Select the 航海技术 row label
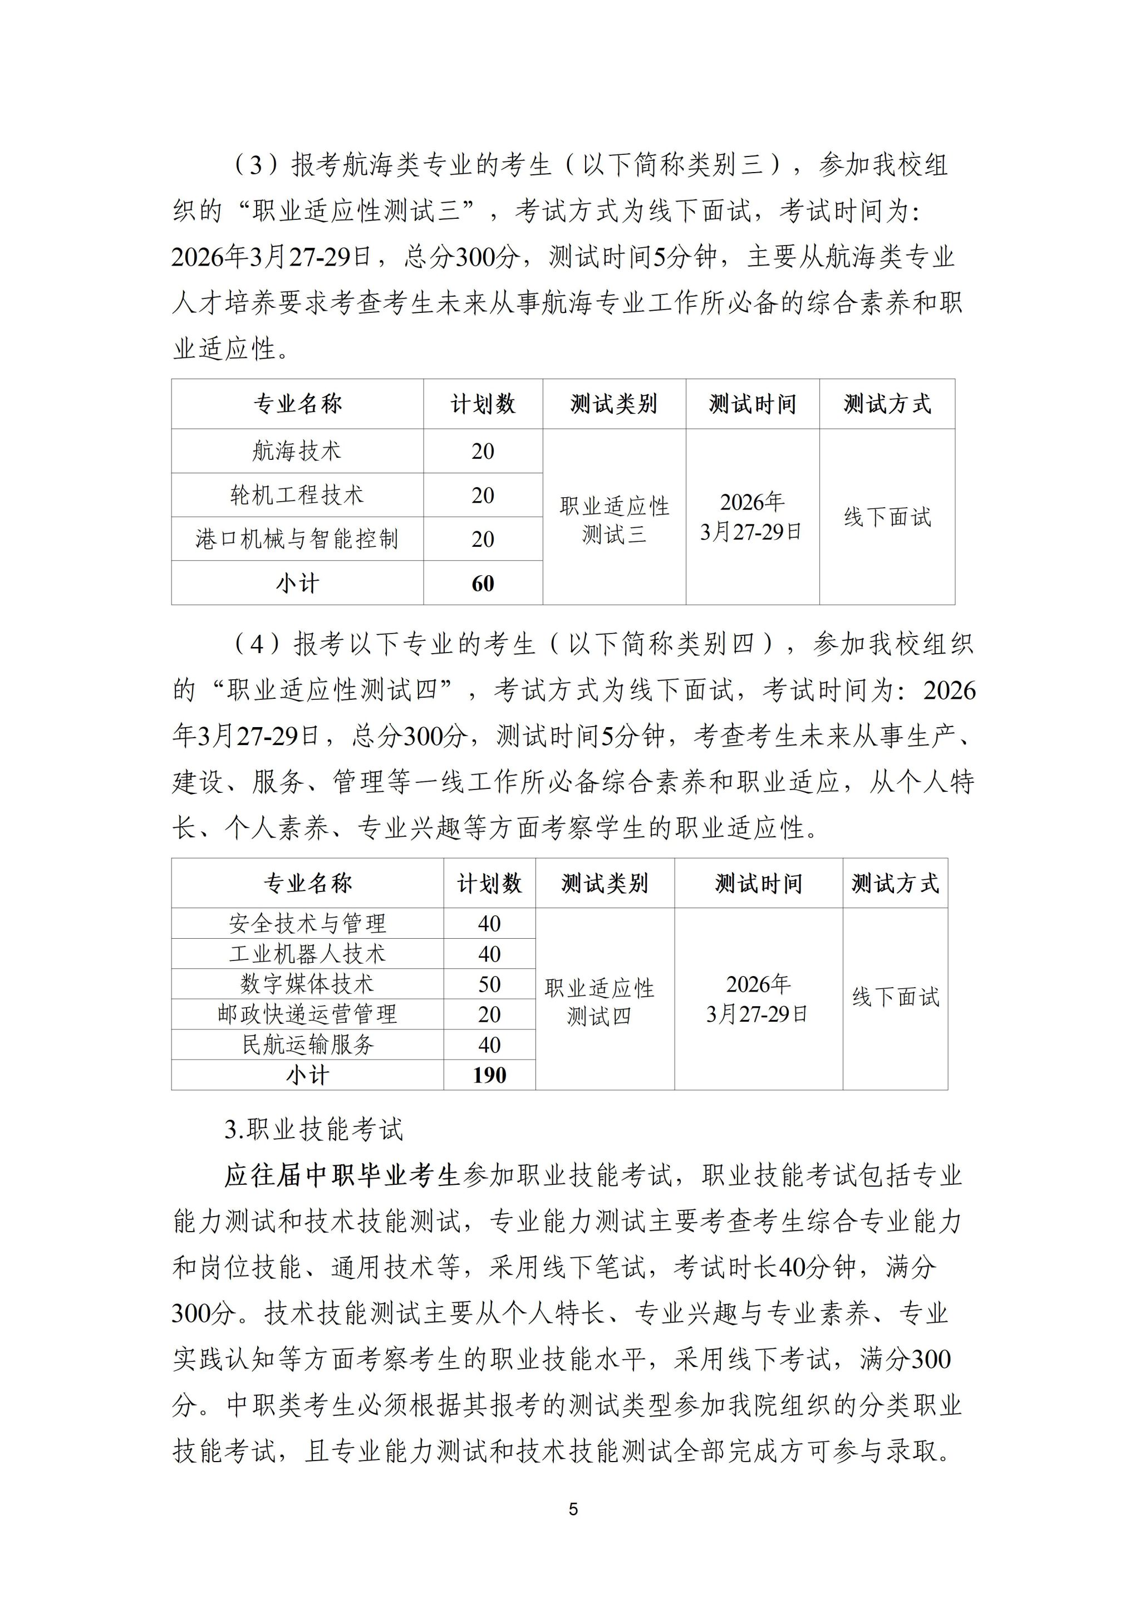[x=297, y=451]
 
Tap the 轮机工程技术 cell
[x=297, y=496]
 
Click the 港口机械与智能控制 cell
[x=297, y=539]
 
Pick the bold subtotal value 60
[x=483, y=583]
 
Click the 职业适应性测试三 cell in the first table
[x=614, y=520]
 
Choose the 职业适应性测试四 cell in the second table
[x=599, y=1002]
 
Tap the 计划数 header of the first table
[x=483, y=404]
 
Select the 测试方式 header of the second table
[x=895, y=883]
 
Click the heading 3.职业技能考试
[x=314, y=1129]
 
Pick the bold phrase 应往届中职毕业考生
[x=342, y=1175]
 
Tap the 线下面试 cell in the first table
[x=887, y=517]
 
